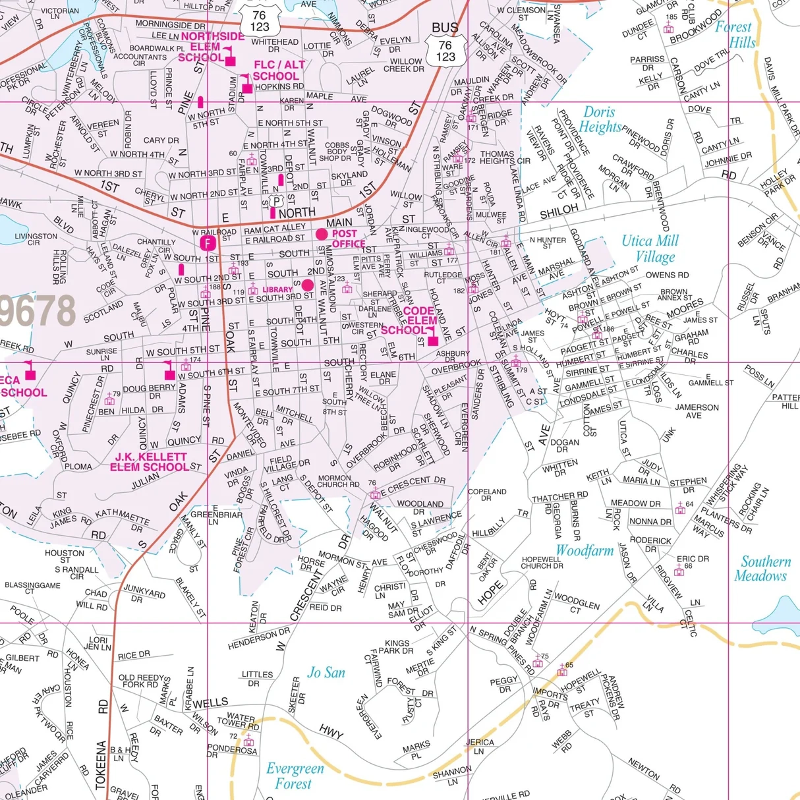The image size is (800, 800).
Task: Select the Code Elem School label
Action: point(410,320)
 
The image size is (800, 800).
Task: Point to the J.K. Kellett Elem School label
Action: point(150,462)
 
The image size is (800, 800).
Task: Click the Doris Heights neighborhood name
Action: point(602,120)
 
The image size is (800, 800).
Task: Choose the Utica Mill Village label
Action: point(650,249)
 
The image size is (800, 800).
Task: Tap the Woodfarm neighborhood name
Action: point(585,551)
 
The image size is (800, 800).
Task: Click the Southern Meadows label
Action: point(762,569)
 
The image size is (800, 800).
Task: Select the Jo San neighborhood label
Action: point(326,673)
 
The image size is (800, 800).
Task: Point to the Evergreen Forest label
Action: point(295,776)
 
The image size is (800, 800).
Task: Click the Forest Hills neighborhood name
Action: point(735,35)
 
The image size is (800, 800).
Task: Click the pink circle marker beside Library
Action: point(307,285)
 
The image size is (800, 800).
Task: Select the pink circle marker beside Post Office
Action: point(322,234)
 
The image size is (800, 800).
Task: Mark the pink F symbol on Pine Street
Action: point(209,244)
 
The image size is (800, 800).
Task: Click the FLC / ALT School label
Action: point(279,71)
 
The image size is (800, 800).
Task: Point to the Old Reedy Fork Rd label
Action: point(141,681)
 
